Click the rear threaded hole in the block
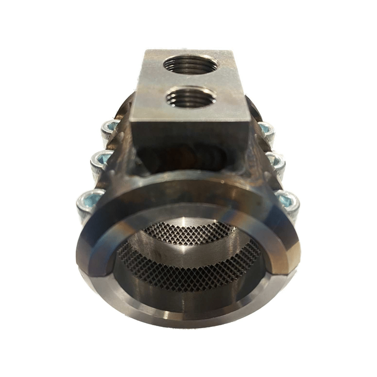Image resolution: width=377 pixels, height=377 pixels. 190,65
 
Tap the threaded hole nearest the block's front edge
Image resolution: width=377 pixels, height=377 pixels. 191,97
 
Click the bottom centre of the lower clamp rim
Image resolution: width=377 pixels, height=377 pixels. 188,320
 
